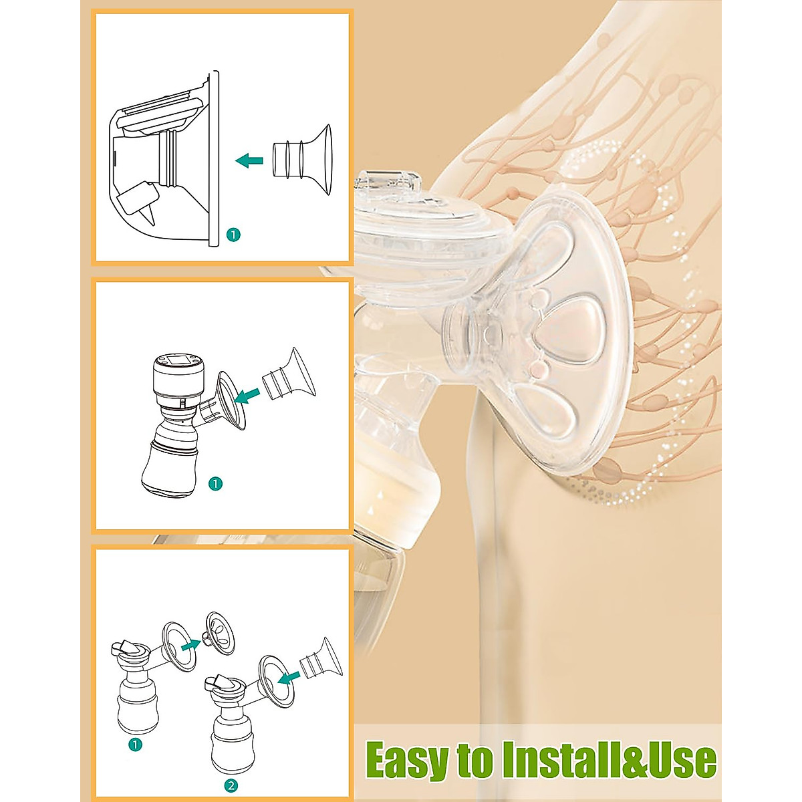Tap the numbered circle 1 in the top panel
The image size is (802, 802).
[x=232, y=235]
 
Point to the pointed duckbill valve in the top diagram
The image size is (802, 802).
[x=148, y=213]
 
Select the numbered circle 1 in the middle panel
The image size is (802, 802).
[x=215, y=483]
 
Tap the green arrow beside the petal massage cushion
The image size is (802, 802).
[x=192, y=644]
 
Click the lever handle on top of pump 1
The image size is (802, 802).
[x=121, y=647]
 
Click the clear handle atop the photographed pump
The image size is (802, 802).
[x=387, y=182]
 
